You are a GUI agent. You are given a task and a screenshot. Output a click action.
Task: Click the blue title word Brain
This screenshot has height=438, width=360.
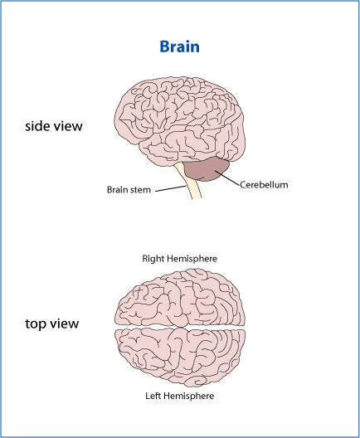point(179,46)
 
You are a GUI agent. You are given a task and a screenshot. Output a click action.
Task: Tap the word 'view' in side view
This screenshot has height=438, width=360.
point(68,126)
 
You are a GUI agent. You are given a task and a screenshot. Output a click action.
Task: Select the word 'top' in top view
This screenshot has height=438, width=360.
point(35,324)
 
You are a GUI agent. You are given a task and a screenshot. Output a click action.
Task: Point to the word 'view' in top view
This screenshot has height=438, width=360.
point(65,324)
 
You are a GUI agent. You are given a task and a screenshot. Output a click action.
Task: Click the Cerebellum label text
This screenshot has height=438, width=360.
point(264,185)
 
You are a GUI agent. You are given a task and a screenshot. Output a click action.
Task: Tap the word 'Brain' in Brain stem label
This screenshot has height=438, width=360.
point(115,190)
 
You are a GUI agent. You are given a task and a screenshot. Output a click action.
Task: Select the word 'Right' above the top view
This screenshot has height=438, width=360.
point(153,259)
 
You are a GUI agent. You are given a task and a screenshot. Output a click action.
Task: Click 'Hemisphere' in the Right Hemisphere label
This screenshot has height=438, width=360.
point(192,259)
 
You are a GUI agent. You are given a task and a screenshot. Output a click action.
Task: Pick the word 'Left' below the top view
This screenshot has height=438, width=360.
point(153,396)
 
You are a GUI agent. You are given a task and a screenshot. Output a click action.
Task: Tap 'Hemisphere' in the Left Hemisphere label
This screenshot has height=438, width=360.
point(188,396)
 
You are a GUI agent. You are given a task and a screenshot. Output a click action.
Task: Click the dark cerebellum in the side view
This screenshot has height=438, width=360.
point(205,169)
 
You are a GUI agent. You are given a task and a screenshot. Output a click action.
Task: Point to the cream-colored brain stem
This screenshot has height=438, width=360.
point(190,182)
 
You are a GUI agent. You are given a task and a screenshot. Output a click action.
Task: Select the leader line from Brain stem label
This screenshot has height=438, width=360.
point(171,188)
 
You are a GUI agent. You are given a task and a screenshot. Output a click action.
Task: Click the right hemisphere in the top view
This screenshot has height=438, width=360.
point(180,298)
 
